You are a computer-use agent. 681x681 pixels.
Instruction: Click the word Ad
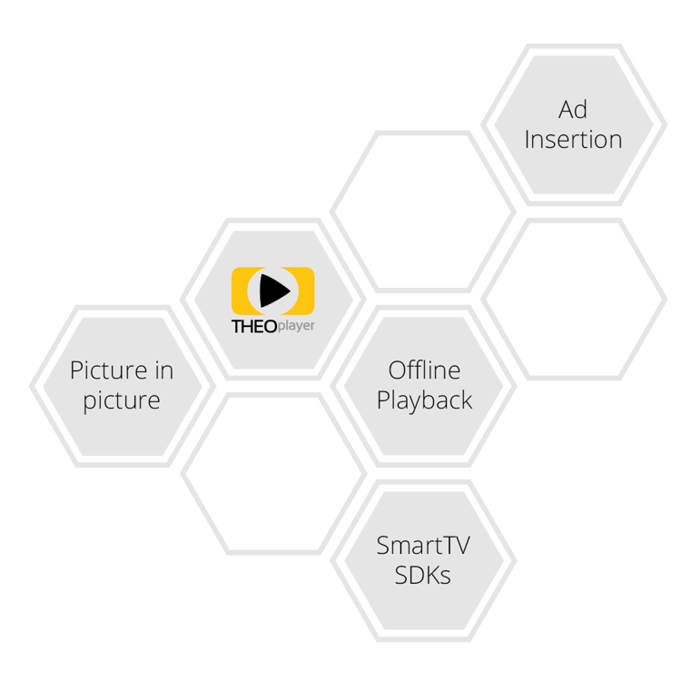click(x=573, y=109)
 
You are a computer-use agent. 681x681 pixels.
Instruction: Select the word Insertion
click(x=573, y=140)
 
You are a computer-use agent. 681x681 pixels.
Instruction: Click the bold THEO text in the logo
click(x=254, y=327)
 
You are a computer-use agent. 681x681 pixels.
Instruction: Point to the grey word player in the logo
click(x=296, y=326)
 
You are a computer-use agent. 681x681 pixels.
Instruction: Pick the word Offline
click(x=424, y=370)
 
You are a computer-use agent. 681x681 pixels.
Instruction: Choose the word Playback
click(x=424, y=400)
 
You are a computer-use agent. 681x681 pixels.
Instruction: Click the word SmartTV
click(x=423, y=545)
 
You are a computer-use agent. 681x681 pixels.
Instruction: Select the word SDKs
click(x=422, y=575)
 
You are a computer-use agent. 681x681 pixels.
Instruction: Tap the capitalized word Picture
click(x=109, y=370)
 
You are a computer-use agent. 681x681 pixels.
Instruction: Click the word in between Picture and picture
click(x=164, y=370)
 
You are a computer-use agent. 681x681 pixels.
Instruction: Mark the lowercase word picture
click(x=122, y=400)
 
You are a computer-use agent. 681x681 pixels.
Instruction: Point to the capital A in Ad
click(x=566, y=110)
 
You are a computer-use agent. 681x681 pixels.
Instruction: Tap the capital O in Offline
click(x=398, y=370)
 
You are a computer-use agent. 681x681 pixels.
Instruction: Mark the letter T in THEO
click(x=237, y=327)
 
